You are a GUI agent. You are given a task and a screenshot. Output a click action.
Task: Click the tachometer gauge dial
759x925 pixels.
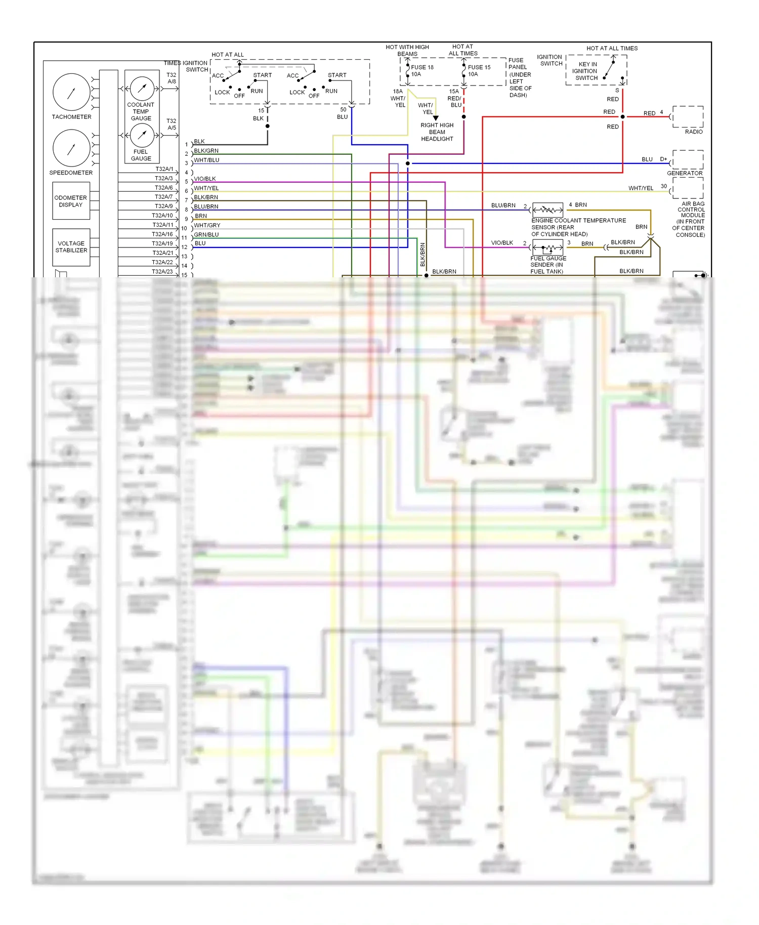[71, 92]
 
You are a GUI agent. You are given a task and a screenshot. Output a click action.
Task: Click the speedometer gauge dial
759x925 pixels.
[71, 148]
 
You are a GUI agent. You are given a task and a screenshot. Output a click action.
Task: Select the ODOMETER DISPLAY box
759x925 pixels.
[71, 201]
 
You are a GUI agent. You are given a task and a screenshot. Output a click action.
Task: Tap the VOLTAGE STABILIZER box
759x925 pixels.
[71, 247]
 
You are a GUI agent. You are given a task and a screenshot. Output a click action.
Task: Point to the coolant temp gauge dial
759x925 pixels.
[142, 89]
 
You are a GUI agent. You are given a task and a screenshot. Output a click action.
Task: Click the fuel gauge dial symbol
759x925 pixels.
[142, 135]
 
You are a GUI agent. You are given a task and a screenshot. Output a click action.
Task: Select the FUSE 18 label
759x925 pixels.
[422, 67]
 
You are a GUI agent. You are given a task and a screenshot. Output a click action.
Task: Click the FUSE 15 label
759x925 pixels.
[479, 67]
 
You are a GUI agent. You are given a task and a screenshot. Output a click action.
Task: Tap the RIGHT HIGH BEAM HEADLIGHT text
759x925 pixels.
[437, 132]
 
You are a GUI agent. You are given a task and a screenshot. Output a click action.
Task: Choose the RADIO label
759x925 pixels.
[693, 132]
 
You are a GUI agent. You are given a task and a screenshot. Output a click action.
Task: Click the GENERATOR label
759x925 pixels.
[685, 173]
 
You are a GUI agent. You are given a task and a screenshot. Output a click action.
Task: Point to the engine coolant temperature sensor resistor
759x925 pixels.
[548, 209]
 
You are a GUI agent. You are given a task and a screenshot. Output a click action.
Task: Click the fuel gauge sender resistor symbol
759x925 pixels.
[548, 248]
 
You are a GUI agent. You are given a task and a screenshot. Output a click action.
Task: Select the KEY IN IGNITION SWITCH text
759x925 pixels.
[587, 71]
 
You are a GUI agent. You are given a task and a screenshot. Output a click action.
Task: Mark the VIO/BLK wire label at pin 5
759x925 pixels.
[205, 179]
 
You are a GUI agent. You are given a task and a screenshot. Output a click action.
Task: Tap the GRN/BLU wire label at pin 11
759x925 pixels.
[206, 235]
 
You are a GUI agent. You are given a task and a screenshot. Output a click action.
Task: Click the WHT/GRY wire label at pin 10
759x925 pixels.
[207, 225]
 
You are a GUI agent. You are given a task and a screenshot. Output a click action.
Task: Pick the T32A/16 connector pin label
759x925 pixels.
[162, 234]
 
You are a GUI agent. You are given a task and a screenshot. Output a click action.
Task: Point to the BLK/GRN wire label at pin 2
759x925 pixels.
[206, 151]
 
